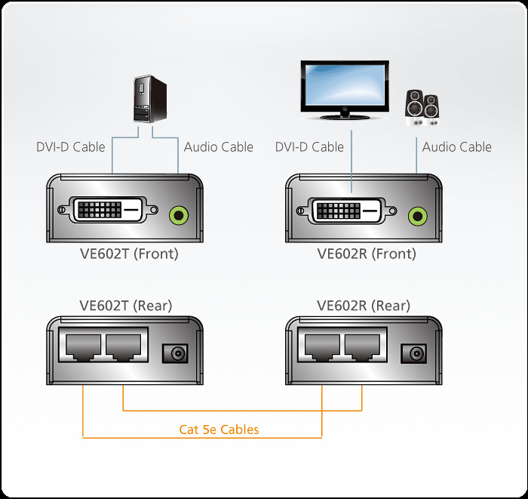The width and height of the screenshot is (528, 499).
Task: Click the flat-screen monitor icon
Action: (x=345, y=89)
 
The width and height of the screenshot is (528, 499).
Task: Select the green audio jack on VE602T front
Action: (x=178, y=215)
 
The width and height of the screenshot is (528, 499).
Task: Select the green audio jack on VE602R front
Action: (x=416, y=216)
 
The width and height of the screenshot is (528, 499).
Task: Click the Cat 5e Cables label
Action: (x=219, y=430)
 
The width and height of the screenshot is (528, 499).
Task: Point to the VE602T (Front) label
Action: (x=129, y=254)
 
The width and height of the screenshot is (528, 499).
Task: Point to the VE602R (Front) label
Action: (x=367, y=254)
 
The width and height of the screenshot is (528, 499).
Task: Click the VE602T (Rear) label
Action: (x=126, y=306)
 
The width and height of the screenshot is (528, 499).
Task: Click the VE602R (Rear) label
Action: (x=364, y=306)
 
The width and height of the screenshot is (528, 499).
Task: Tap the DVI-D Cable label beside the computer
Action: (x=71, y=146)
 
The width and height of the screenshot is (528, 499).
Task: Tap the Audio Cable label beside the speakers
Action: (x=456, y=146)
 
